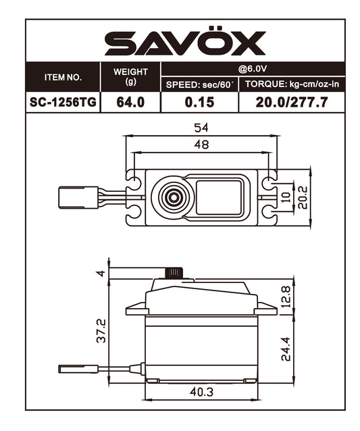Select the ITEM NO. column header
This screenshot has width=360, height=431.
[63, 78]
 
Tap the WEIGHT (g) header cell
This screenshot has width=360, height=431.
[130, 76]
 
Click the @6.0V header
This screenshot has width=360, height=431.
[253, 69]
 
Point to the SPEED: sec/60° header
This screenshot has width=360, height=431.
[199, 84]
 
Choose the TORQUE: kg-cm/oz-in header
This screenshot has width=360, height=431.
[292, 84]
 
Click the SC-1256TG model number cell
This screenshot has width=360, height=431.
[63, 102]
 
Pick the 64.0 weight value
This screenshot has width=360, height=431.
[130, 102]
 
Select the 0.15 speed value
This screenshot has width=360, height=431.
[199, 102]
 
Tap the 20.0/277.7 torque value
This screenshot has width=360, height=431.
[292, 102]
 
